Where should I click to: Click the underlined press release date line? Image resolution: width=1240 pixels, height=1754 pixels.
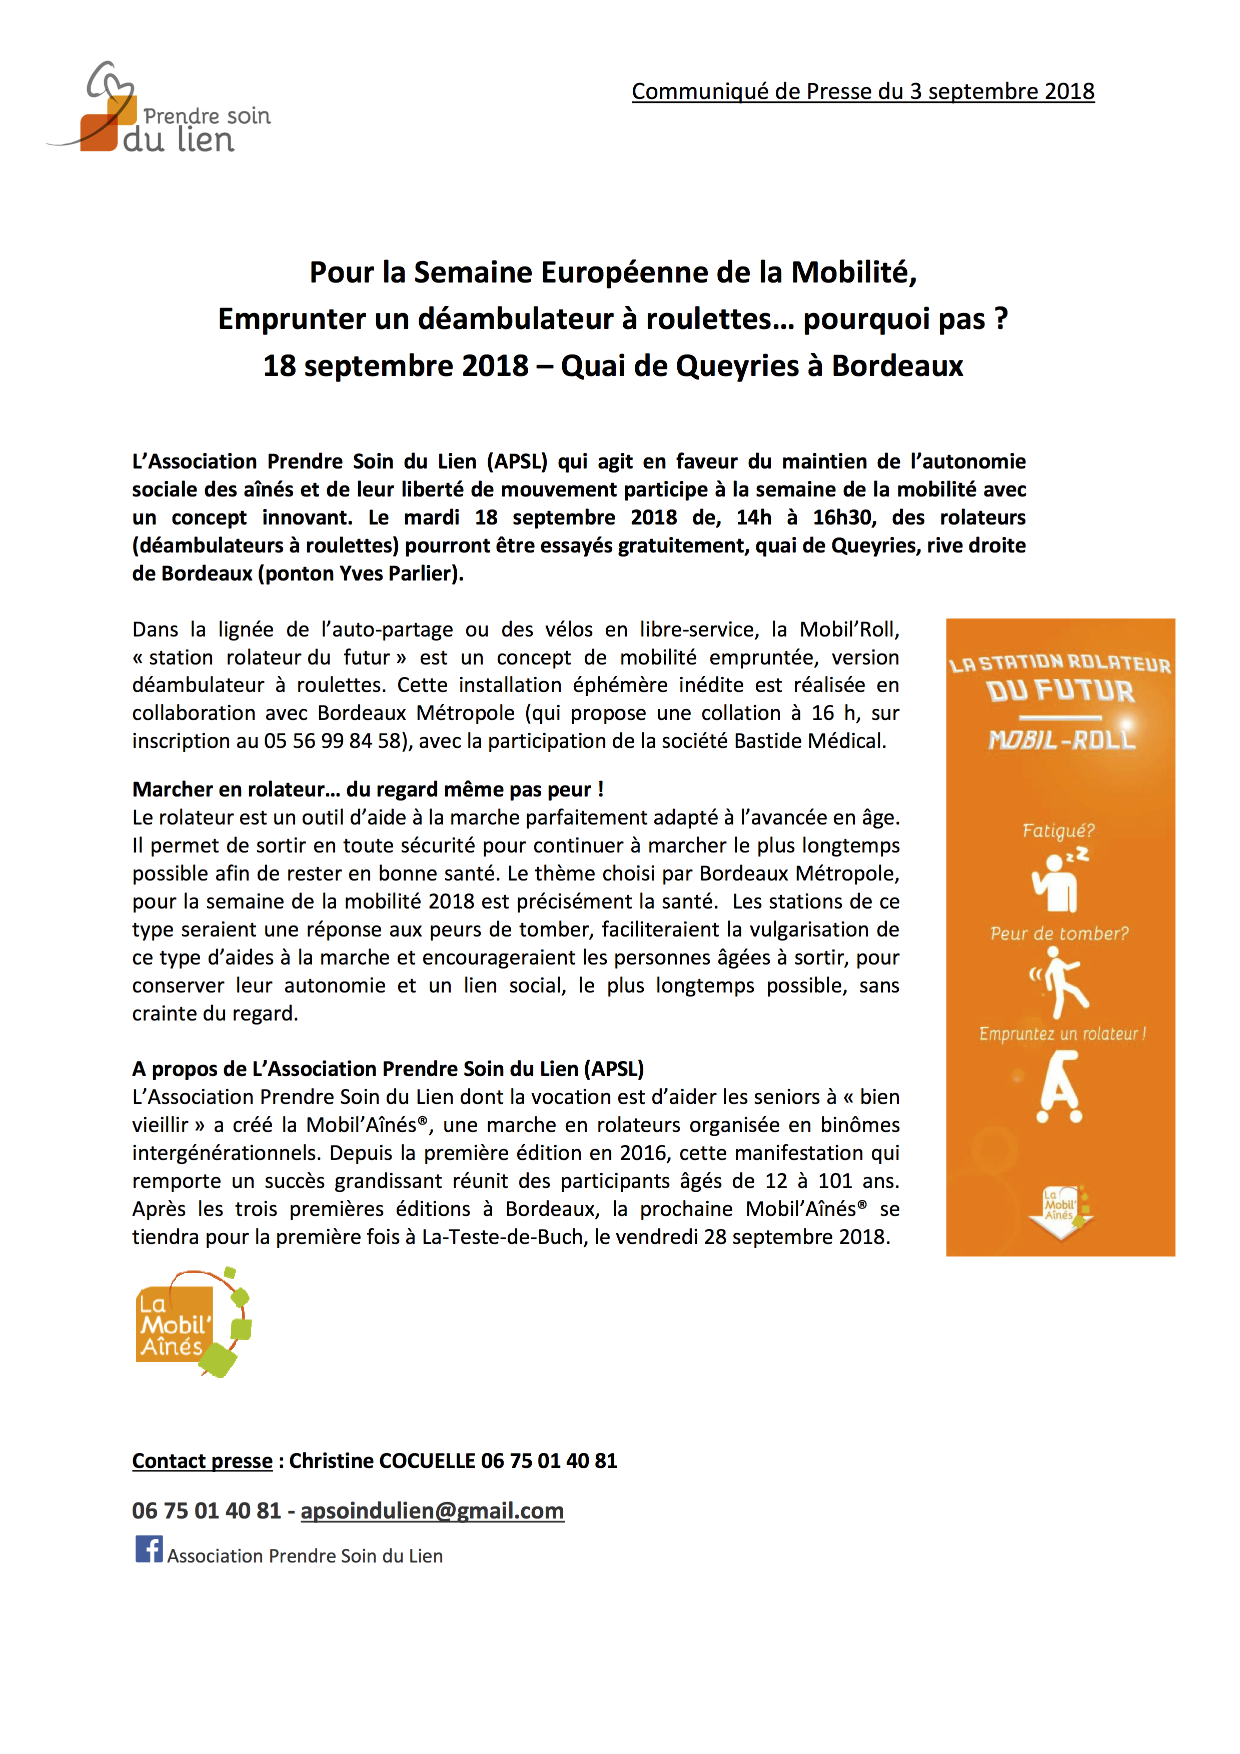tap(862, 91)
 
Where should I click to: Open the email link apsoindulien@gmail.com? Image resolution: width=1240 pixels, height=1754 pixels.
tap(433, 1511)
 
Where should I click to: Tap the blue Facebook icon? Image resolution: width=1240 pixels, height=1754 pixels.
tap(149, 1549)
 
